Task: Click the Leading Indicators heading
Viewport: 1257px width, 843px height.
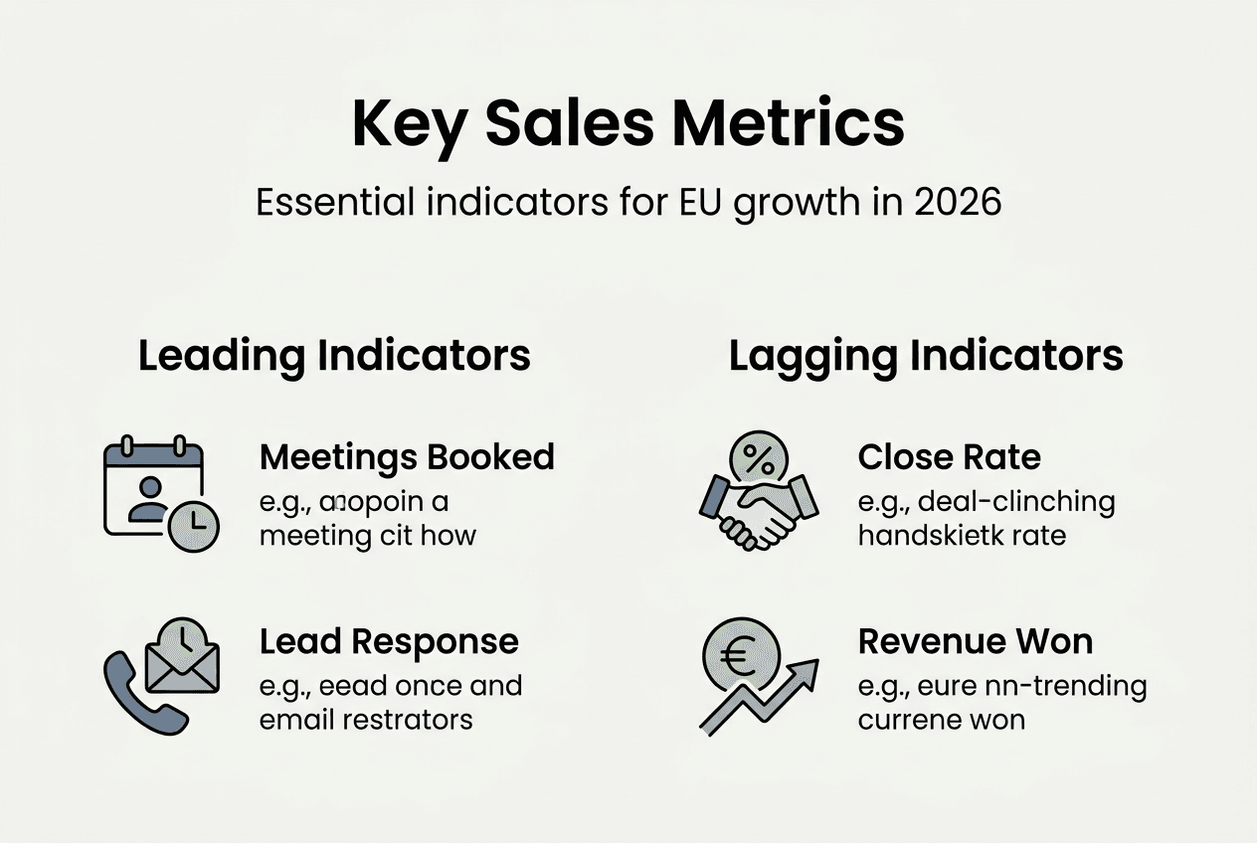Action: point(334,356)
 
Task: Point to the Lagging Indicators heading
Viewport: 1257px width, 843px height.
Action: point(926,356)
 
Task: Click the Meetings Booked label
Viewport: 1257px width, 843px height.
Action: point(407,457)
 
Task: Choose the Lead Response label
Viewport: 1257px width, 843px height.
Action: point(389,641)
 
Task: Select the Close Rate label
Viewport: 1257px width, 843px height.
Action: point(949,457)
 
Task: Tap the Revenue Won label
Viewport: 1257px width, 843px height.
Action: point(975,641)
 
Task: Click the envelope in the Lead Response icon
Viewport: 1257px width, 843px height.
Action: point(182,662)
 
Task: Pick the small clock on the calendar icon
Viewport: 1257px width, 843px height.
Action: point(193,526)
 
